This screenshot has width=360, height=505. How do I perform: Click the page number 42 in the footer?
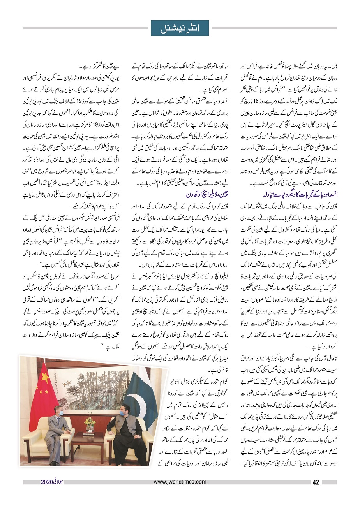(316, 482)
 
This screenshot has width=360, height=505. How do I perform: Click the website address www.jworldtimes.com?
(180, 482)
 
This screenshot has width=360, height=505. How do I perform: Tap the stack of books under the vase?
(89, 432)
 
